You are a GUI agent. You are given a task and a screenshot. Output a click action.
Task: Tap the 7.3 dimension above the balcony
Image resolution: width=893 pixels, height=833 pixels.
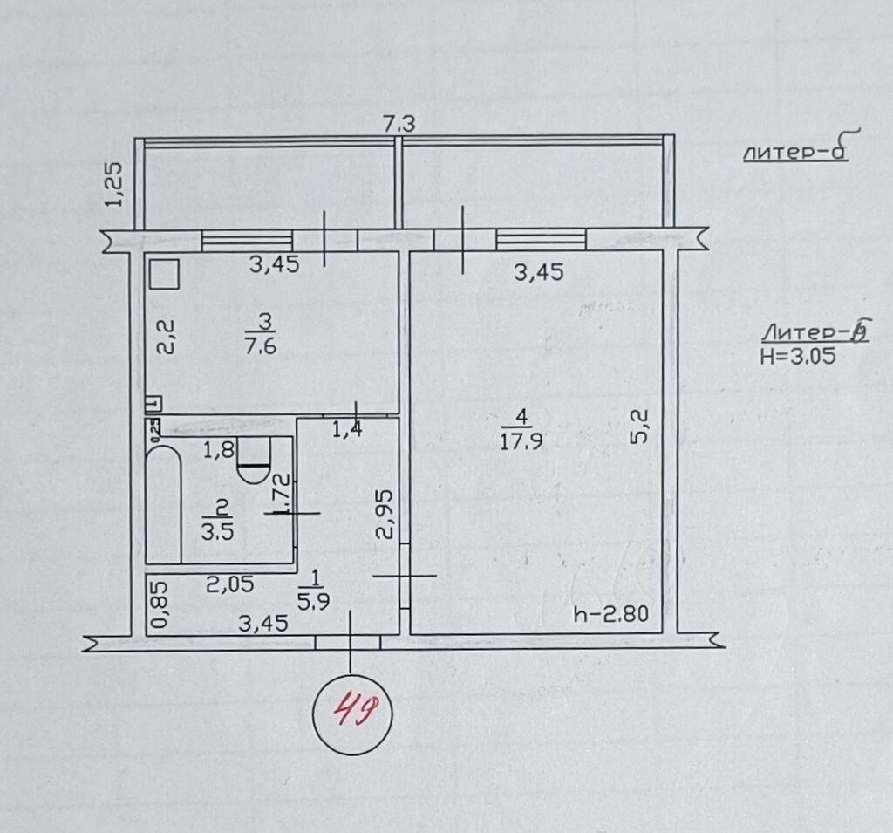click(399, 125)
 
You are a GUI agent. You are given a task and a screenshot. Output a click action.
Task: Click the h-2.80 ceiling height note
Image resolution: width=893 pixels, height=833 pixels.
click(611, 614)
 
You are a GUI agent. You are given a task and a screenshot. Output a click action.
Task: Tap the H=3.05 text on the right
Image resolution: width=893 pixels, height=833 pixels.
click(797, 355)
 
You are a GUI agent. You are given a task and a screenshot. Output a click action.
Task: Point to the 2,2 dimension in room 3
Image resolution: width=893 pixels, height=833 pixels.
click(167, 336)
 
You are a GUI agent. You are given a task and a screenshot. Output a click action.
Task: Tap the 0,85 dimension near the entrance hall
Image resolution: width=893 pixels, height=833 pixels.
click(158, 605)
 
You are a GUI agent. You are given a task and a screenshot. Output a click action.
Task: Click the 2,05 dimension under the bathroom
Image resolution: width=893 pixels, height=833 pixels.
click(230, 584)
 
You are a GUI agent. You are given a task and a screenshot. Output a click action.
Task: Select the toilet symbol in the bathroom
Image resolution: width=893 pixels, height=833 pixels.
click(255, 461)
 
